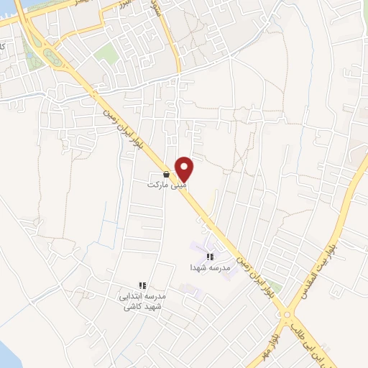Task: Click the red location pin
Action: pos(185,168)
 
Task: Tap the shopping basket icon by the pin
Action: pos(167,174)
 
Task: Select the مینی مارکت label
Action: pos(167,185)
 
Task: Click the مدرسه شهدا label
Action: pos(210,267)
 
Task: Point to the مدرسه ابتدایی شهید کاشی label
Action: pos(142,301)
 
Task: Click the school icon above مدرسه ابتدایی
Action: pos(142,286)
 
